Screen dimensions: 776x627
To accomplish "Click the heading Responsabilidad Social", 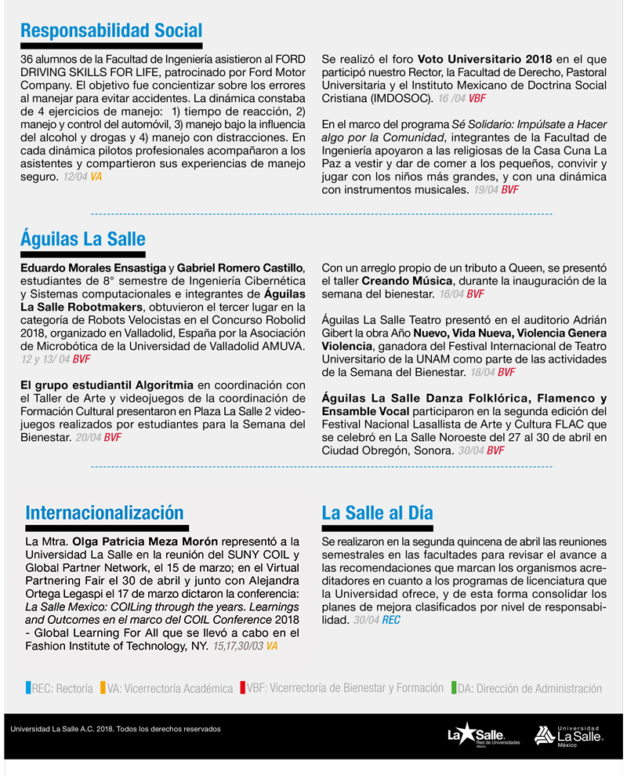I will click(x=111, y=31).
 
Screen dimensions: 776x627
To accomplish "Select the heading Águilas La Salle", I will click(x=83, y=239).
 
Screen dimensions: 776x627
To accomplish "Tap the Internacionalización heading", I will click(x=104, y=513).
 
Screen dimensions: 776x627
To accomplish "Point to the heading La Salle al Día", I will click(x=377, y=513).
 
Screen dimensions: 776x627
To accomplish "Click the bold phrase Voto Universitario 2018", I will click(x=484, y=60).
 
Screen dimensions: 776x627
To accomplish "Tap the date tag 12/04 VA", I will click(x=82, y=177).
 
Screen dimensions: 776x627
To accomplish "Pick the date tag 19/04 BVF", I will click(x=496, y=190).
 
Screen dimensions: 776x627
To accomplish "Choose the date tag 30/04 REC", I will click(x=376, y=620).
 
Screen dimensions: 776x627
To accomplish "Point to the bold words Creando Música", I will click(x=407, y=280).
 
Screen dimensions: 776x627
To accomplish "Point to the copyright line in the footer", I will click(x=116, y=729).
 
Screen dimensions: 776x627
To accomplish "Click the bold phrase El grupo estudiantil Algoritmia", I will click(x=107, y=384).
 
